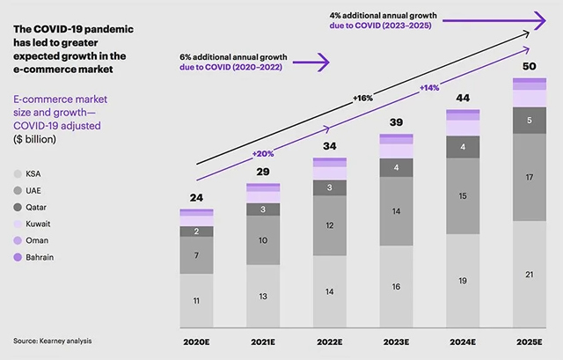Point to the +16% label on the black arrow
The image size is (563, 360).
[x=363, y=98]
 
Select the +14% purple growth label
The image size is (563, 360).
[x=429, y=88]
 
